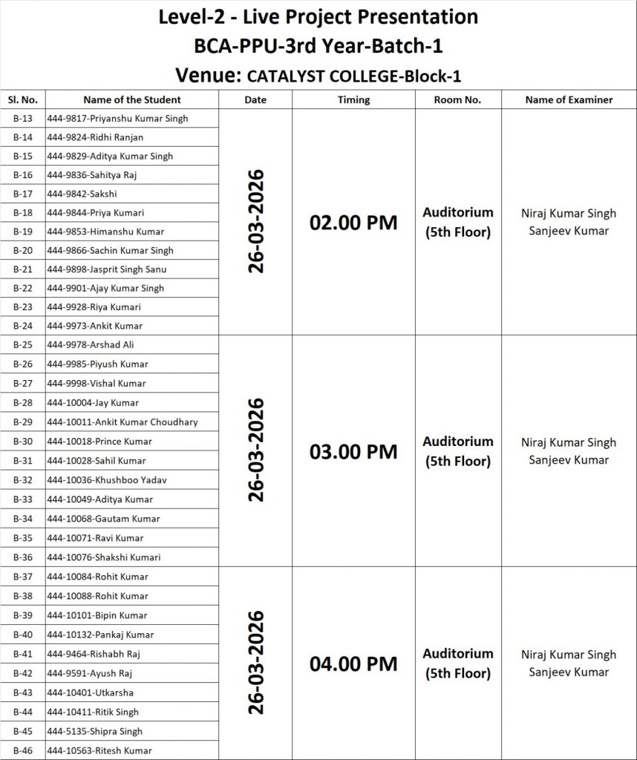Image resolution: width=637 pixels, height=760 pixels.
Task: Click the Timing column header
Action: point(353,99)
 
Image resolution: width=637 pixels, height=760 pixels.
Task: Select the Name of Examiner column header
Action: point(569,99)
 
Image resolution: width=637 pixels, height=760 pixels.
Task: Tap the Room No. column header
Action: point(457,99)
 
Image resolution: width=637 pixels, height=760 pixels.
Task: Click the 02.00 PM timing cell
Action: point(353,223)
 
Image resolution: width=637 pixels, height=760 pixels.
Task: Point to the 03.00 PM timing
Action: point(353,451)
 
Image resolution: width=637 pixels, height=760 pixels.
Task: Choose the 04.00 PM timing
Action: point(353,664)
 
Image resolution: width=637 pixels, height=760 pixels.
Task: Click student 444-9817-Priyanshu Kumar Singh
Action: point(117,119)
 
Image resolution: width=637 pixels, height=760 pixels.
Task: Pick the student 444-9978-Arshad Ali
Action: point(91,345)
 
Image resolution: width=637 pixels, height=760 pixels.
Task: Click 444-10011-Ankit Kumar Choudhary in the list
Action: point(122,422)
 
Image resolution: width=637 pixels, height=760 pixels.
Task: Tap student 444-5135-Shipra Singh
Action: point(95,731)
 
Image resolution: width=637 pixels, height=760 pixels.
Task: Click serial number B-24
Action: point(23,326)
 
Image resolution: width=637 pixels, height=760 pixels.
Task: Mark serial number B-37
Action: point(23,577)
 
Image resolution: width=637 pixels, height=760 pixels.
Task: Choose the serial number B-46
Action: point(23,750)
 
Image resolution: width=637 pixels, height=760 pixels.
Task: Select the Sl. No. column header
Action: point(23,99)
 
